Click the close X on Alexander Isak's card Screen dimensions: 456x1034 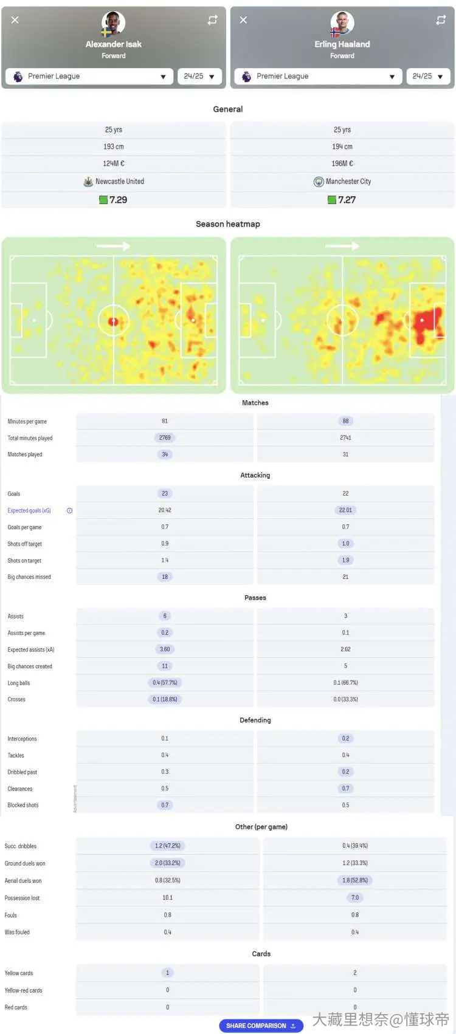pos(15,20)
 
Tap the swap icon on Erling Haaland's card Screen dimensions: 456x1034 pos(441,20)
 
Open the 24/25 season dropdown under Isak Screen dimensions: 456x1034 pos(199,76)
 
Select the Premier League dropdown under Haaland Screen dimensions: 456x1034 pos(317,76)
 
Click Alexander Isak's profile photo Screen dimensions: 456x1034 pos(113,22)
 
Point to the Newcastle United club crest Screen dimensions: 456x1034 pos(88,182)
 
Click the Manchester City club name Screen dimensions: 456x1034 pos(348,182)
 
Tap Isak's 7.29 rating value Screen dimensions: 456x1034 pos(119,200)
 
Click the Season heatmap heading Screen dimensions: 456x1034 pos(228,224)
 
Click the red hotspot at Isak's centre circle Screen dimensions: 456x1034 pos(113,321)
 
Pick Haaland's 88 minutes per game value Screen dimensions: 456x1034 pos(345,421)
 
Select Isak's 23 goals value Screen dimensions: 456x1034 pos(165,493)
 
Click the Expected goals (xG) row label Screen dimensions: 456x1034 pos(29,510)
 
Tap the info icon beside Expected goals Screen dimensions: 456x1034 pos(69,510)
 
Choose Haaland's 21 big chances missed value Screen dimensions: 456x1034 pos(345,577)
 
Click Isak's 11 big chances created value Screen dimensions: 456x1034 pos(165,666)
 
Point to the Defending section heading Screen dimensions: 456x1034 pos(255,720)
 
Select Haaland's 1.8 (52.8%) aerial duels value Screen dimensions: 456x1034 pos(355,880)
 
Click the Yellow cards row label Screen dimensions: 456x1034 pos(18,973)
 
